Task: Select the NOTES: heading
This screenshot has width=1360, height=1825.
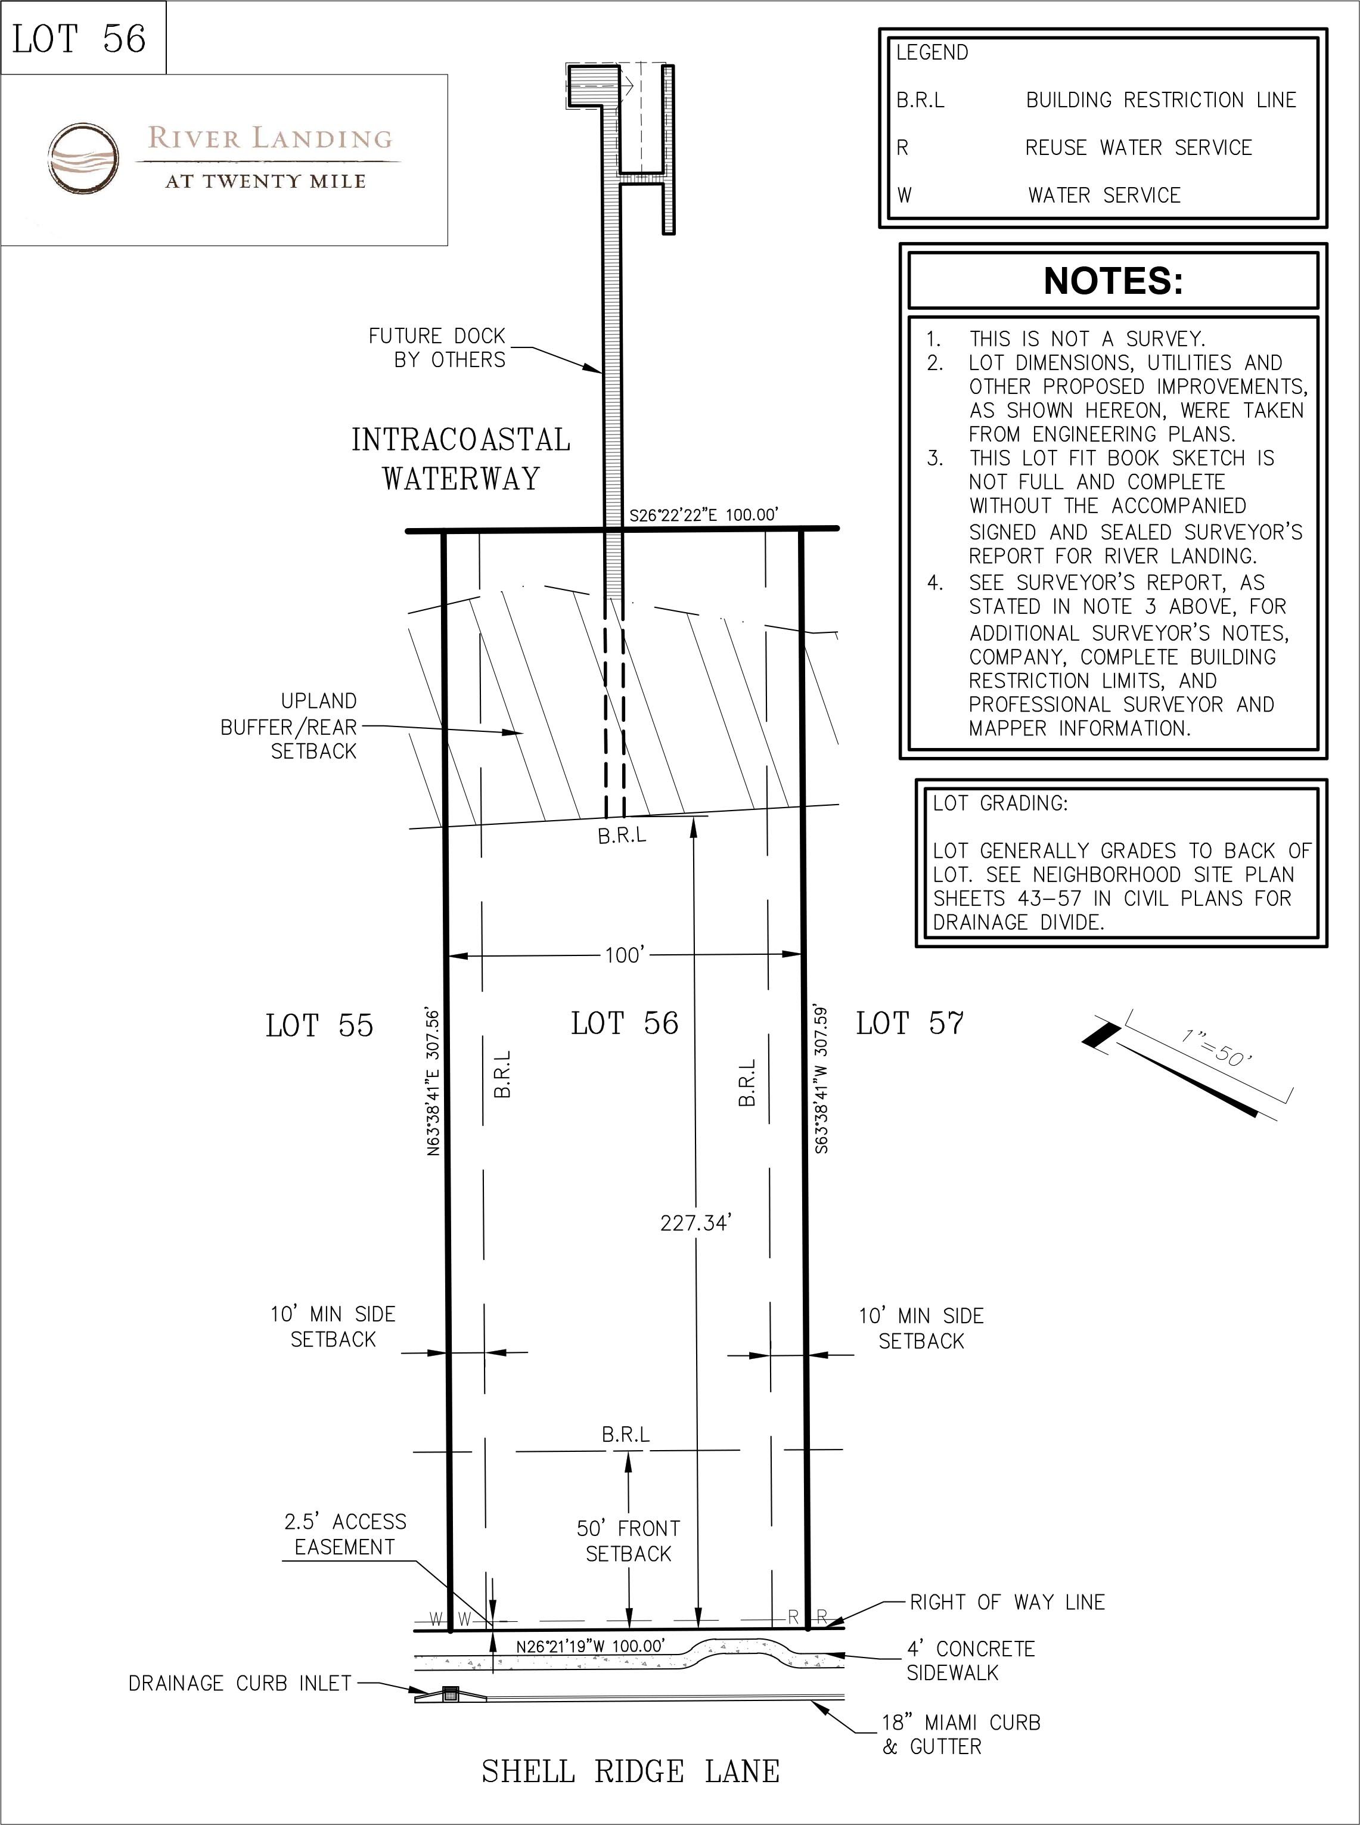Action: coord(1113,281)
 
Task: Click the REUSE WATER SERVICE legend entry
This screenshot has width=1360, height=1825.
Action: coord(1138,148)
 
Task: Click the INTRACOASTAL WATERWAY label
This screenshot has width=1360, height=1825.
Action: coord(461,458)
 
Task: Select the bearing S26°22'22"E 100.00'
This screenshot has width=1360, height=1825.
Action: coord(704,516)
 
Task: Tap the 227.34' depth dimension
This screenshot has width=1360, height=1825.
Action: coord(695,1223)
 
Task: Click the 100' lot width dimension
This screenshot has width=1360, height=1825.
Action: coord(624,956)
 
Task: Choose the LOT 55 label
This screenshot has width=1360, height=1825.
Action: coord(319,1026)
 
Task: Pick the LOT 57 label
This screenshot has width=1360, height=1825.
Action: coord(909,1023)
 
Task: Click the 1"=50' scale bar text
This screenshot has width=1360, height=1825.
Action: coord(1217,1048)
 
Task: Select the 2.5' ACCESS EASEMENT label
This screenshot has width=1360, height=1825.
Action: coord(345,1534)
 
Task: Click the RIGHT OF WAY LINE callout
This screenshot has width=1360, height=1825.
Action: coord(1007,1602)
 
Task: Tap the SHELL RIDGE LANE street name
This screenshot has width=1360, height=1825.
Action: coord(630,1771)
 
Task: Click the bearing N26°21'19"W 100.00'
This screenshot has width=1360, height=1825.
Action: coord(589,1646)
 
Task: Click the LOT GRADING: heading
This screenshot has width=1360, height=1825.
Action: coord(999,803)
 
